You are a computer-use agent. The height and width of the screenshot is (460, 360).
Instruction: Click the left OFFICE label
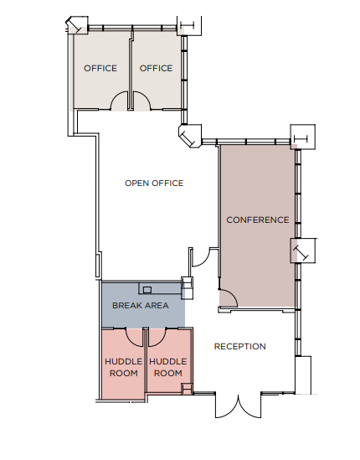tap(100, 68)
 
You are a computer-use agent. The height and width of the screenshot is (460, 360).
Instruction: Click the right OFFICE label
tap(156, 68)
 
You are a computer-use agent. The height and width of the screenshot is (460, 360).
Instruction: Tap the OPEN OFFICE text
tap(154, 183)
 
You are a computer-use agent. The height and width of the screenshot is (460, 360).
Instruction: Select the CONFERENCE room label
tap(258, 220)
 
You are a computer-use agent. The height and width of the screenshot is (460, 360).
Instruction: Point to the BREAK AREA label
tap(141, 306)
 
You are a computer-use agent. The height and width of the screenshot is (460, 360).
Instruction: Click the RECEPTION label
tap(240, 346)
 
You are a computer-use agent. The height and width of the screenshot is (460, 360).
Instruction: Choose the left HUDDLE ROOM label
tap(122, 367)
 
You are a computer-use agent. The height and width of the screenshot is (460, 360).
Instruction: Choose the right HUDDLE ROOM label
tap(168, 367)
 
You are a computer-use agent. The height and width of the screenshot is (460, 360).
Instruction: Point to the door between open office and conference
tap(201, 256)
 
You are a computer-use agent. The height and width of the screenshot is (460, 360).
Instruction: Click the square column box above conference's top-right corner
tap(301, 136)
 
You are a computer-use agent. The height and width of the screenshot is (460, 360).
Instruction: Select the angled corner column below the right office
tap(188, 134)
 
